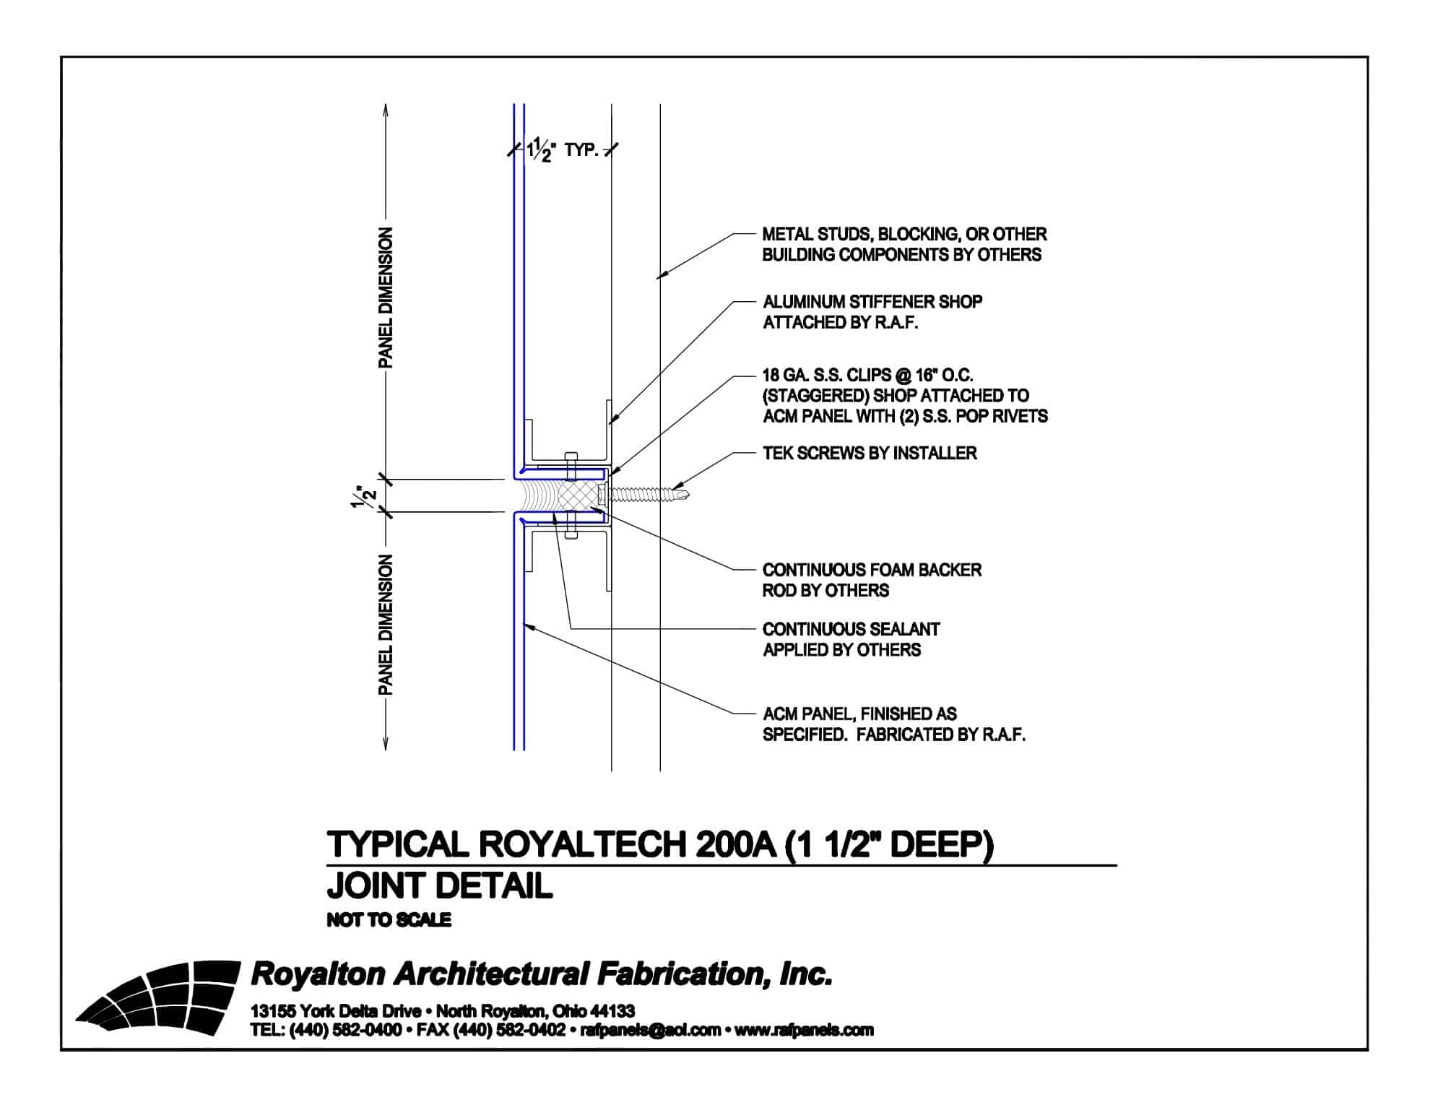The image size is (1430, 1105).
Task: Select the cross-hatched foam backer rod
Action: coord(581,495)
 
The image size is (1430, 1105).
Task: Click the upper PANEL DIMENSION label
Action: coord(386,298)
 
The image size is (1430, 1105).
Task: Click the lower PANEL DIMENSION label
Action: coord(386,625)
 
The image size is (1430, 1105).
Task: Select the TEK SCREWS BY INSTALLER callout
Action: coord(870,453)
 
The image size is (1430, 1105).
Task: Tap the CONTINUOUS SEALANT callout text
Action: coord(851,639)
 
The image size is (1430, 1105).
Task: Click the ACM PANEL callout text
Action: coord(893,724)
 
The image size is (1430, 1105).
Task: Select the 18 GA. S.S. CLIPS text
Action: coord(867,376)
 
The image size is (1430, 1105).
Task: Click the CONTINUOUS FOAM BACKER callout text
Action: coord(871,580)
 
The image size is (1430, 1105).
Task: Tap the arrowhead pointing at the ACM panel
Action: coord(528,626)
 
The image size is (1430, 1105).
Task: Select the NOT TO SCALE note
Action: coord(389,920)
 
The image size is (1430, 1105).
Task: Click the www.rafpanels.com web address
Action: coord(804,1031)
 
